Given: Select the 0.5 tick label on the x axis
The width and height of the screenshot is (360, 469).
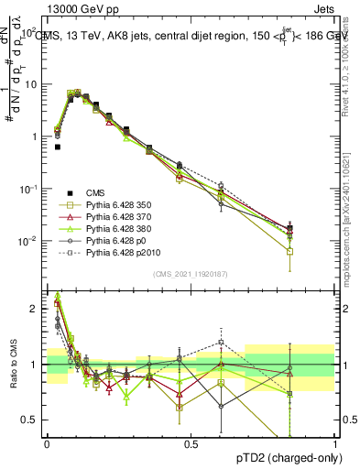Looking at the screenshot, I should pyautogui.click(x=191, y=444).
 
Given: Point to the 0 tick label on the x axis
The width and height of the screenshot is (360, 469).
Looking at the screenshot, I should pyautogui.click(x=47, y=444).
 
